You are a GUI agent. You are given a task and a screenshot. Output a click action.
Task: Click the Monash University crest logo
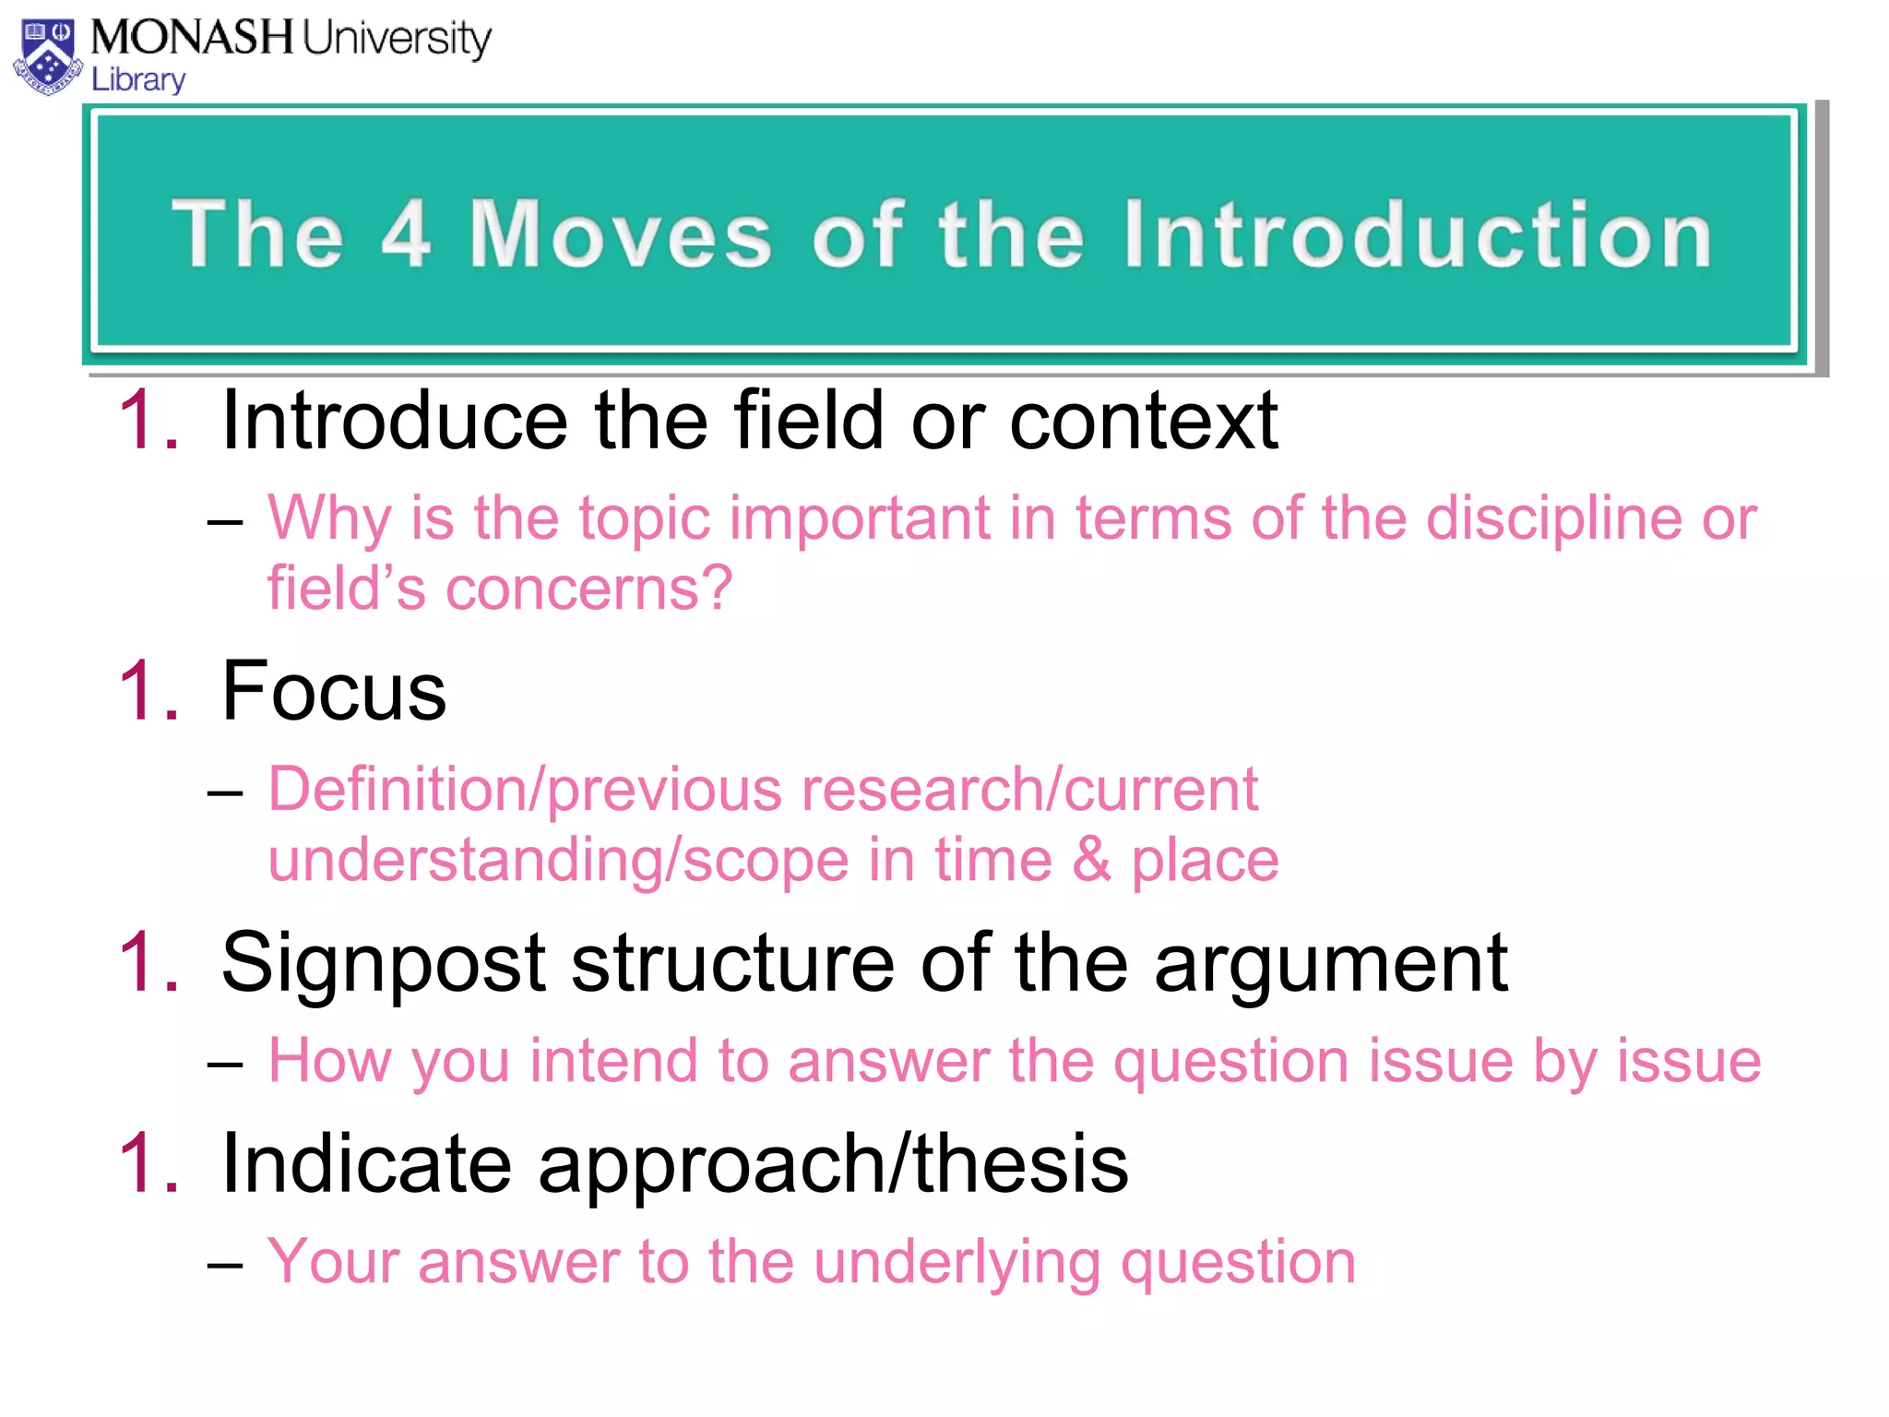[x=48, y=57]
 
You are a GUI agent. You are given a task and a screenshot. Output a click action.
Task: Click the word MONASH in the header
[x=191, y=39]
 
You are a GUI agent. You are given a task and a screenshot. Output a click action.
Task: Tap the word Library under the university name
[x=138, y=80]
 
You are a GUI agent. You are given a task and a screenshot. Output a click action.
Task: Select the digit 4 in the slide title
[x=406, y=234]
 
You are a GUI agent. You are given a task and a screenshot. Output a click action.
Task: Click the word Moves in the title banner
[x=620, y=234]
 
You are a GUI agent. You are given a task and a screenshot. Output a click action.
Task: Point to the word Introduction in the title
[x=1418, y=234]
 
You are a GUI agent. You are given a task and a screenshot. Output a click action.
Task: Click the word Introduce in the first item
[x=394, y=421]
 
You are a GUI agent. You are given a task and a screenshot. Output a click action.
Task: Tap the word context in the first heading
[x=1144, y=421]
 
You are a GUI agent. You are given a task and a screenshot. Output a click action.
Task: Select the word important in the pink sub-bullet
[x=859, y=518]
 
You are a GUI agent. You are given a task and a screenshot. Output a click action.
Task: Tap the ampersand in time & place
[x=1092, y=860]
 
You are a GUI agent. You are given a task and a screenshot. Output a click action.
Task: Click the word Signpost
[x=384, y=964]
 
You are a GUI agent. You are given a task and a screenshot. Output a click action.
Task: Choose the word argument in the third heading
[x=1331, y=964]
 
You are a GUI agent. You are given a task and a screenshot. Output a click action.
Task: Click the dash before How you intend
[x=224, y=1064]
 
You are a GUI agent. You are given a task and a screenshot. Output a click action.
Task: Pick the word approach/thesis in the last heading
[x=833, y=1164]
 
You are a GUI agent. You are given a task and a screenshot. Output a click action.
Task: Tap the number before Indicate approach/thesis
[x=148, y=1164]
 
